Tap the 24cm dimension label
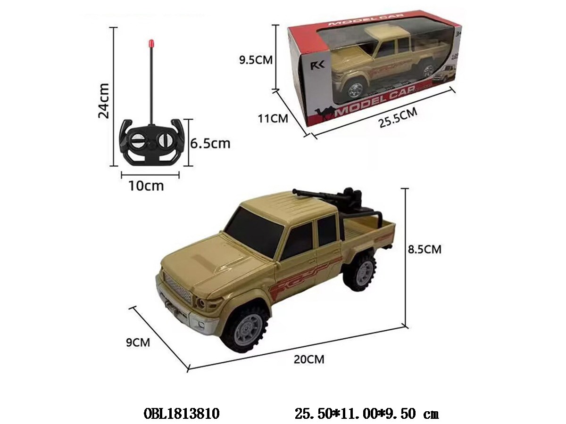click(x=104, y=101)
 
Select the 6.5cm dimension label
click(x=210, y=143)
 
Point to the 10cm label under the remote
click(x=146, y=186)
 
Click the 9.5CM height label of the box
click(x=256, y=60)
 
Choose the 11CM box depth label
click(x=273, y=119)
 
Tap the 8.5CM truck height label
click(x=424, y=249)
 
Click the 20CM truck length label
click(x=309, y=359)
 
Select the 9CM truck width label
click(x=138, y=342)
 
